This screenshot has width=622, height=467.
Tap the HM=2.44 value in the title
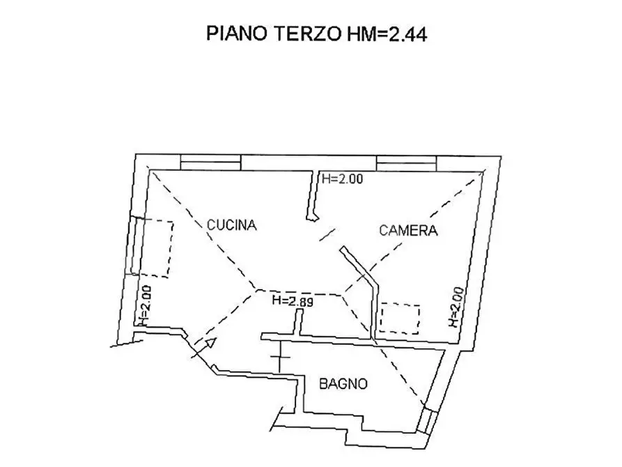(381, 35)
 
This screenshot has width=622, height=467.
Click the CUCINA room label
(232, 224)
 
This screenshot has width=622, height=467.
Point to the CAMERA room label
(408, 231)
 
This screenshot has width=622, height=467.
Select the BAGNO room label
(343, 383)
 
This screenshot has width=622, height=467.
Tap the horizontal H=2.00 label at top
(343, 179)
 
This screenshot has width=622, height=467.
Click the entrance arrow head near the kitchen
(208, 342)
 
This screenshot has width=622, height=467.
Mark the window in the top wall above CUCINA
(211, 163)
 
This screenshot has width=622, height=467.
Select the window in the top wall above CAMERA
(407, 163)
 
